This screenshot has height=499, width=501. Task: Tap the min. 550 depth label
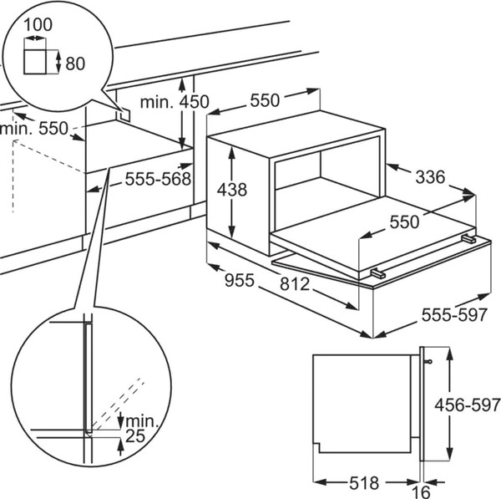tap(33, 129)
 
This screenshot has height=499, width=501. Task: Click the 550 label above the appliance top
tap(263, 100)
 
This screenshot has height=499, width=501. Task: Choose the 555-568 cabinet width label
tap(158, 178)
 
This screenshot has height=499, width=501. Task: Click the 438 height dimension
tap(231, 190)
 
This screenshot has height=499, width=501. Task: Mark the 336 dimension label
tap(429, 176)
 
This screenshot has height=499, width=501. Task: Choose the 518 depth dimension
tap(362, 482)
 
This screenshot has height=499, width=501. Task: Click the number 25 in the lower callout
tap(134, 436)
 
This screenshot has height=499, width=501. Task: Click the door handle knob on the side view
tap(428, 362)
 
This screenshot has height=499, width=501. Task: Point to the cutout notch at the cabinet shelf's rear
tap(122, 113)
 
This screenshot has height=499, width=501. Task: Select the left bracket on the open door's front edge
tap(377, 272)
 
